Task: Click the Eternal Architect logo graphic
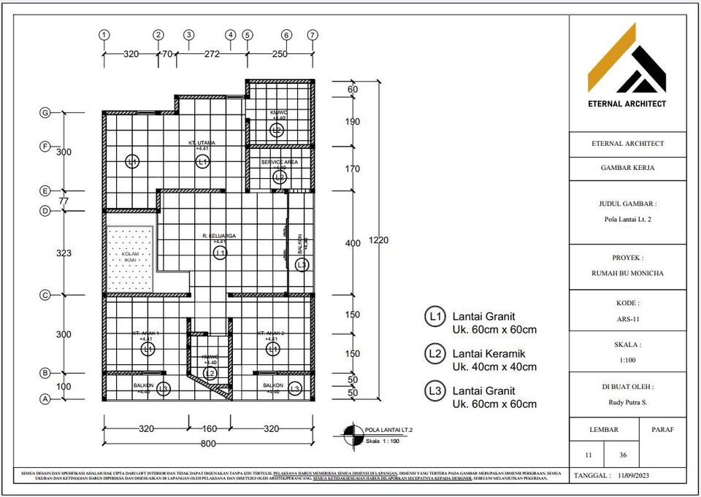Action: click(627, 58)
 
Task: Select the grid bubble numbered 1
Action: click(104, 34)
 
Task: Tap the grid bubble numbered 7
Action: click(313, 34)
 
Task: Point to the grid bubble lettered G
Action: click(45, 112)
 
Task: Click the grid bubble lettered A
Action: click(45, 399)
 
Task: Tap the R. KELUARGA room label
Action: click(220, 236)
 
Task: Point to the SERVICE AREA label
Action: click(280, 162)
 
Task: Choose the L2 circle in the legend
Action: click(435, 354)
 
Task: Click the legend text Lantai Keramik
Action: click(485, 354)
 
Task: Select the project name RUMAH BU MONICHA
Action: click(628, 274)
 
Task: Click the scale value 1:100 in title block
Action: click(628, 360)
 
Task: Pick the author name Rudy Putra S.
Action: click(628, 402)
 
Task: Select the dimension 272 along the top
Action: click(212, 53)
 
